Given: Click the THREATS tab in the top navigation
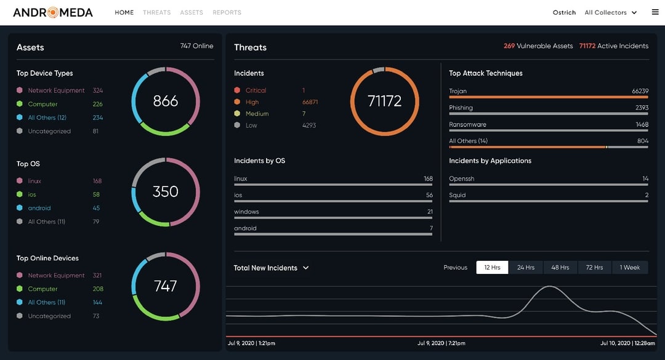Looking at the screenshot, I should pyautogui.click(x=156, y=12).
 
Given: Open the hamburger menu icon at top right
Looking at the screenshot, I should pyautogui.click(x=655, y=12).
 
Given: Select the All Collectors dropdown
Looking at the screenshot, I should pyautogui.click(x=610, y=12).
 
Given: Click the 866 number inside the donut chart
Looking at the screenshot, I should pyautogui.click(x=165, y=101).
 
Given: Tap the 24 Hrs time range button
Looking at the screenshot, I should pyautogui.click(x=525, y=268).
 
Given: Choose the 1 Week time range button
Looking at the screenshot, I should pyautogui.click(x=629, y=268).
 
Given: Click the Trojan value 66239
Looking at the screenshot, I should pyautogui.click(x=640, y=91).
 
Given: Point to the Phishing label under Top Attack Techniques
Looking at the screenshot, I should pyautogui.click(x=461, y=108).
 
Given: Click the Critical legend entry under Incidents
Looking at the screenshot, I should pyautogui.click(x=256, y=90).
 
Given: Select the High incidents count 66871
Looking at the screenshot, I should pyautogui.click(x=310, y=102).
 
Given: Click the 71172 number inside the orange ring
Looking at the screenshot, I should pyautogui.click(x=384, y=101).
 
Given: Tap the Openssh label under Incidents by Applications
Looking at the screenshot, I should pyautogui.click(x=461, y=178).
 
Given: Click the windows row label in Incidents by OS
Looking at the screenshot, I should pyautogui.click(x=246, y=212).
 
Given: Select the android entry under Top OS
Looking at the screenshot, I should pyautogui.click(x=39, y=208).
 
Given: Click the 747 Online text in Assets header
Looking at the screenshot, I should pyautogui.click(x=196, y=46).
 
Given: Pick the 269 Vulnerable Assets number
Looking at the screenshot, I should pyautogui.click(x=509, y=46).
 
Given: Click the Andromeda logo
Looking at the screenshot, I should pyautogui.click(x=53, y=12).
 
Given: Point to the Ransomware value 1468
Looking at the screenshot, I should pyautogui.click(x=642, y=124).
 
